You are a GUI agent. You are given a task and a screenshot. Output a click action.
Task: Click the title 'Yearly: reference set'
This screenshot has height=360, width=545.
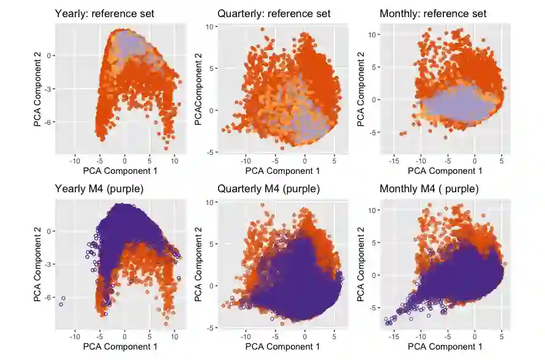[104, 13]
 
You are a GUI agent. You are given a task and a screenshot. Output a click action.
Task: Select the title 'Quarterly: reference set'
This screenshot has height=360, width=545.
[274, 13]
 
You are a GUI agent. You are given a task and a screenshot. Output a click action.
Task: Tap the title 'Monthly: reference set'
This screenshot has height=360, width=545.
[433, 13]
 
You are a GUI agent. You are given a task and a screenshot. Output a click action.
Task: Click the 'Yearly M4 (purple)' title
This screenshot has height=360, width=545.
[96, 189]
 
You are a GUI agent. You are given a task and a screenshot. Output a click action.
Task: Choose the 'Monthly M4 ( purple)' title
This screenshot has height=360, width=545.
[429, 189]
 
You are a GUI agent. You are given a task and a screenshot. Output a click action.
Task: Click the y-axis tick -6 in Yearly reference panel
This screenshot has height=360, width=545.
[49, 122]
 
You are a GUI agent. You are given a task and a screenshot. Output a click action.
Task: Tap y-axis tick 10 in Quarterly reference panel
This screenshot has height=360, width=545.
[209, 27]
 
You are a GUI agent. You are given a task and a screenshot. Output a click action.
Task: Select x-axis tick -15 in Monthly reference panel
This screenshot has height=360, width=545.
[393, 161]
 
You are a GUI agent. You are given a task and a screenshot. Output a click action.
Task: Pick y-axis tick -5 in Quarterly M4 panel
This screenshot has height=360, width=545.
[209, 328]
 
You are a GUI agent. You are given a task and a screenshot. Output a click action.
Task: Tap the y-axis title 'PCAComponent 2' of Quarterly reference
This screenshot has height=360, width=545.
[198, 89]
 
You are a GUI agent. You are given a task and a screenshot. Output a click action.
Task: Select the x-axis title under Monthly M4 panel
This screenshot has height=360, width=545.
[445, 347]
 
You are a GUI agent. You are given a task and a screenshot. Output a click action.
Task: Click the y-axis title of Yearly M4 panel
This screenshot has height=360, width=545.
[38, 265]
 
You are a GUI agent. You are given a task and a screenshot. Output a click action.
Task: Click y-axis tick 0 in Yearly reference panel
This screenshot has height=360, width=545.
[50, 55]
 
